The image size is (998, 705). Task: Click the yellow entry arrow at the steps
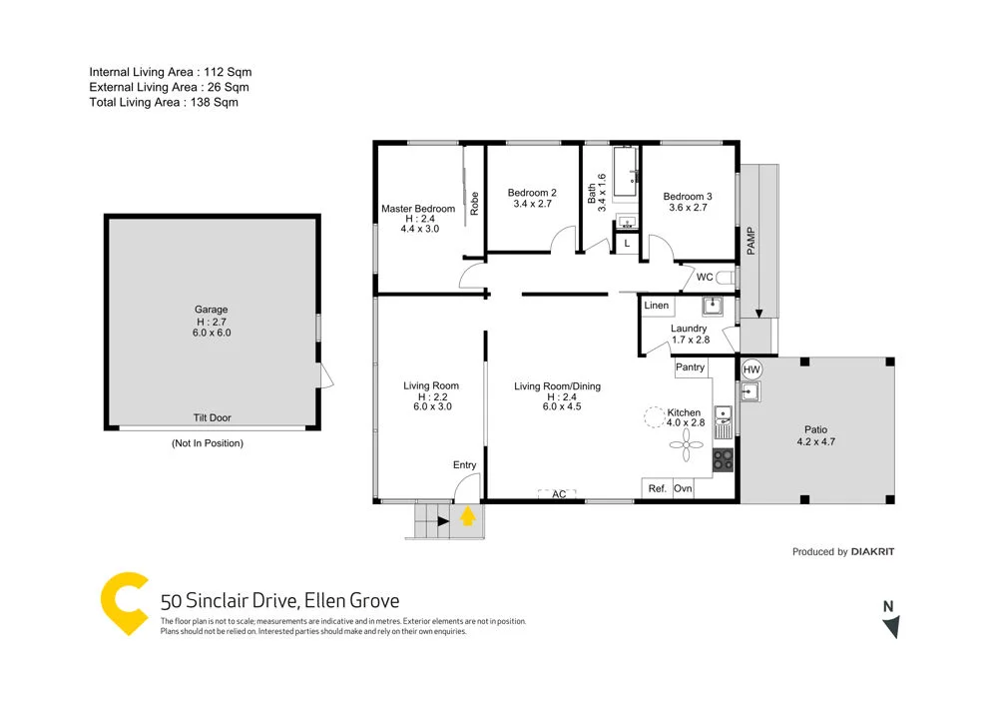point(466,517)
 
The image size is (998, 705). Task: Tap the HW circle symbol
point(752,370)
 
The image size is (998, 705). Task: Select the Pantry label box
point(691,367)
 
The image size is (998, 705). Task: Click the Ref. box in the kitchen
point(657,488)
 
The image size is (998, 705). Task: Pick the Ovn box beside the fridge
point(684,488)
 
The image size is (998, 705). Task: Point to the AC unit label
point(559,494)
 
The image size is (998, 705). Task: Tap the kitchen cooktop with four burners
point(723,459)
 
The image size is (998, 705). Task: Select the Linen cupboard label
point(657,306)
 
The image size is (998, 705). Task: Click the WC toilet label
point(705,278)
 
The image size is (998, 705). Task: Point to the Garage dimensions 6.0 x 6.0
point(212,333)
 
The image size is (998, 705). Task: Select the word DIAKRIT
point(873,551)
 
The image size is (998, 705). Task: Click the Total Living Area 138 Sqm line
point(164,102)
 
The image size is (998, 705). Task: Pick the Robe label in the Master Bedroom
point(475,203)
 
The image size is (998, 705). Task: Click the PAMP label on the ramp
point(750,240)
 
